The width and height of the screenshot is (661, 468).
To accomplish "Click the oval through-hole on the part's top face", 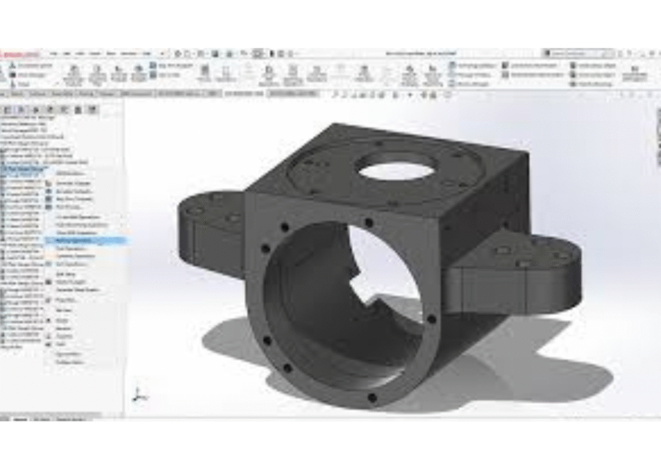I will [396, 171].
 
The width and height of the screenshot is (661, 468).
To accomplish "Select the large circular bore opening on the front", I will [342, 304].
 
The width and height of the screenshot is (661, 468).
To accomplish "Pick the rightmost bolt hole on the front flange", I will [431, 319].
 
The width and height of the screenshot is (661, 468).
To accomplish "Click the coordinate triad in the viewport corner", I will [137, 392].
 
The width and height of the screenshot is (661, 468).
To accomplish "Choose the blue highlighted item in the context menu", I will [84, 240].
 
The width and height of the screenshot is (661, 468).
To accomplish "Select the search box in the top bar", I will [572, 53].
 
